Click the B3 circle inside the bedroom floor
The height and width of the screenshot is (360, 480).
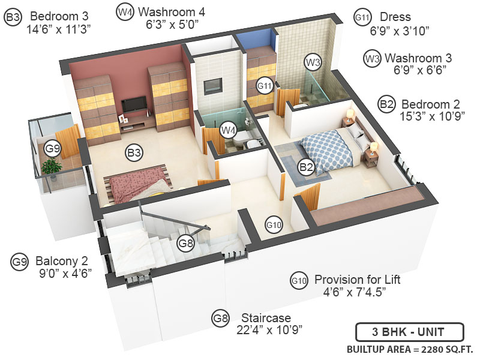134,153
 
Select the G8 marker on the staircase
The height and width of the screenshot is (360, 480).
186,243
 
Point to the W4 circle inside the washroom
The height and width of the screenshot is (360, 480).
227,128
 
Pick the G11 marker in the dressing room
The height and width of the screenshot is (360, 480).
265,86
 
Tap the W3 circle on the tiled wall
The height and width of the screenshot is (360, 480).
313,62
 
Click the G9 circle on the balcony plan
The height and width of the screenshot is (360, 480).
53,148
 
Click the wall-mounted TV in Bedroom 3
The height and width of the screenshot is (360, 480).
133,105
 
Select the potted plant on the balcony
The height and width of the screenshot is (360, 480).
53,168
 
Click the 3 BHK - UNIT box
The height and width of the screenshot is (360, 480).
409,331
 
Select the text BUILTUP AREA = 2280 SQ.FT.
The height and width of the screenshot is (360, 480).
410,349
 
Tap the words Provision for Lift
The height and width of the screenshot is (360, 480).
357,280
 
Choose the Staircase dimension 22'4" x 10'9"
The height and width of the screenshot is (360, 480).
265,329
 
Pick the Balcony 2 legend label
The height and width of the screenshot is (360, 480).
62,261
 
